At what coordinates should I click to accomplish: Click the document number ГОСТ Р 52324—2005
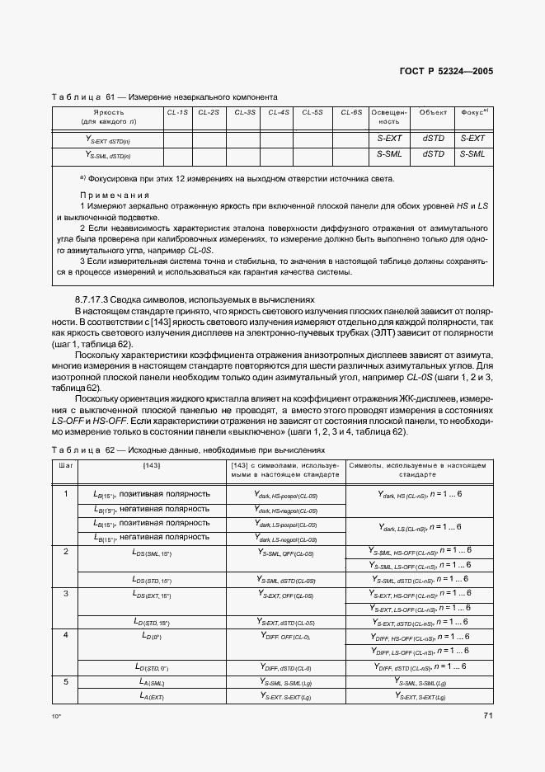tap(445, 72)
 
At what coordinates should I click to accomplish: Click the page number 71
tap(487, 715)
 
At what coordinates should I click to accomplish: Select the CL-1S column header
tap(177, 111)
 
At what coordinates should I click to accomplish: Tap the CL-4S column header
tap(280, 111)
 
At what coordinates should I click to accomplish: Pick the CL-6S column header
tap(351, 111)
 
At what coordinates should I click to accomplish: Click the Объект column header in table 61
tap(433, 111)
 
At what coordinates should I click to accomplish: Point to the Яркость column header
tap(109, 111)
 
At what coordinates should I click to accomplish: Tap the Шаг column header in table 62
tap(65, 466)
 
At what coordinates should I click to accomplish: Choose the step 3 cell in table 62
tap(65, 593)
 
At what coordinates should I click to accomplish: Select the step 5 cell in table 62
tap(65, 682)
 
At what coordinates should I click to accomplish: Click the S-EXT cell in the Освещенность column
tap(389, 138)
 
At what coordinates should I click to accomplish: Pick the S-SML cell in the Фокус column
tap(472, 153)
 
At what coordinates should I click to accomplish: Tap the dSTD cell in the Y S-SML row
tap(433, 153)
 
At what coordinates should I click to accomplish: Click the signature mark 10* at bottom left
tap(56, 717)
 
